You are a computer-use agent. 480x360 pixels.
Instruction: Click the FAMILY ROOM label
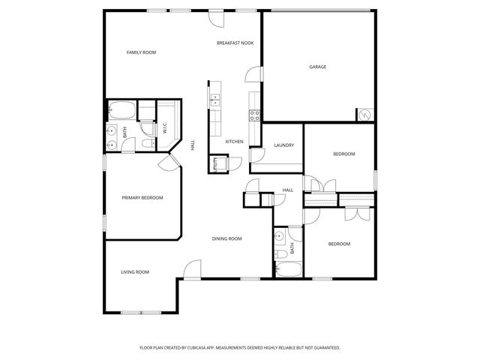[x=141, y=52]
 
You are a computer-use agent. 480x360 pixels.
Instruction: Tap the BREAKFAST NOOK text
[x=235, y=43]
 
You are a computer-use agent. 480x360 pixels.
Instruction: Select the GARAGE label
[x=317, y=67]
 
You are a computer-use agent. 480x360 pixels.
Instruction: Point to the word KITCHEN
[x=235, y=141]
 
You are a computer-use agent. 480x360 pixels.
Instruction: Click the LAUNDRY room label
[x=283, y=145]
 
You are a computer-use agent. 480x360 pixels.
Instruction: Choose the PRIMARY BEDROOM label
[x=142, y=198]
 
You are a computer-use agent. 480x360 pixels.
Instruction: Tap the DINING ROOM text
[x=226, y=238]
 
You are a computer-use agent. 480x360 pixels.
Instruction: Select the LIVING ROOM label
[x=135, y=271]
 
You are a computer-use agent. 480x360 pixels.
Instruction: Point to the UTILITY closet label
[x=216, y=163]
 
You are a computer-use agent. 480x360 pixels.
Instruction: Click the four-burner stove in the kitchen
[x=254, y=115]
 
